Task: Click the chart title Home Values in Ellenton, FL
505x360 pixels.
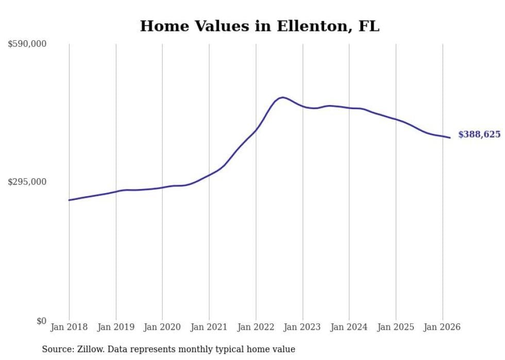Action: [x=259, y=26]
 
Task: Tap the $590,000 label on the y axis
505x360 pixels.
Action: [x=27, y=44]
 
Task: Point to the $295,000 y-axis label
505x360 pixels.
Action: [x=27, y=182]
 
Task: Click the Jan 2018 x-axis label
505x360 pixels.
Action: [x=69, y=327]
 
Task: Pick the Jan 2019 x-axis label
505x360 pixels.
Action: [x=116, y=327]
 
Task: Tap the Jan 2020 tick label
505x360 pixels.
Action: [x=162, y=327]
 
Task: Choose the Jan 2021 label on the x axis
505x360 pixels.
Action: [x=209, y=327]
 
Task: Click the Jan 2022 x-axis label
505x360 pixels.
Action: [x=256, y=327]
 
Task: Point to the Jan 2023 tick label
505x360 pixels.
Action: [x=302, y=327]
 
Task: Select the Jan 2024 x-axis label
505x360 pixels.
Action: [x=349, y=327]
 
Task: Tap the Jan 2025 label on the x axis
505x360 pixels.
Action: [x=396, y=327]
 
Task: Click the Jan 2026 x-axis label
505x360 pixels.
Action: [x=442, y=327]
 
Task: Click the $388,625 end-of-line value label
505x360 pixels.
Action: [x=479, y=134]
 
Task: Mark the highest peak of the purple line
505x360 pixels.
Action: [x=282, y=97]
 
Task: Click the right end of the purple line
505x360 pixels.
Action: [x=450, y=138]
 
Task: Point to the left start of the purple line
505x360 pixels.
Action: [x=69, y=200]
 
